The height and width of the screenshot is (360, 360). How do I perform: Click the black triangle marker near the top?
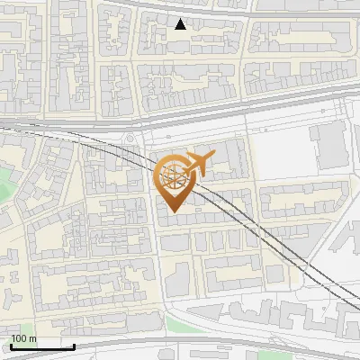pos(181,24)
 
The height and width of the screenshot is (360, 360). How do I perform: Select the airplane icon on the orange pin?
pos(197,164)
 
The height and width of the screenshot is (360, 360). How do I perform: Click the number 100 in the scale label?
pos(18,338)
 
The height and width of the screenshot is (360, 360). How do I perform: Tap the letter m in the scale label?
pos(33,338)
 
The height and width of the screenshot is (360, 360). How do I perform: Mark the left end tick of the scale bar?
pos(11,346)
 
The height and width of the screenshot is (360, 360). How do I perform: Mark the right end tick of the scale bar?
pos(74,346)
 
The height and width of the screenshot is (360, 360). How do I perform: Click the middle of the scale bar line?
pos(42,347)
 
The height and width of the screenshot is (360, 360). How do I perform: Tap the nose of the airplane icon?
pos(212,160)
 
